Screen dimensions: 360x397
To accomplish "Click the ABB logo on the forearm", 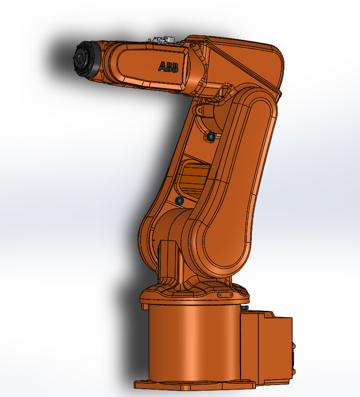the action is click(168, 67).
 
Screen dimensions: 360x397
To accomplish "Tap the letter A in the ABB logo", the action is click(162, 66).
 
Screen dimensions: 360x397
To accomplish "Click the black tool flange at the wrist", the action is click(86, 60).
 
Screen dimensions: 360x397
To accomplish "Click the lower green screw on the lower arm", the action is click(180, 201).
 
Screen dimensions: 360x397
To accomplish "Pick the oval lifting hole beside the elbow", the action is click(224, 91).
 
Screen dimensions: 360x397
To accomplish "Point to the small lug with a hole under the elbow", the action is click(199, 110).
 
